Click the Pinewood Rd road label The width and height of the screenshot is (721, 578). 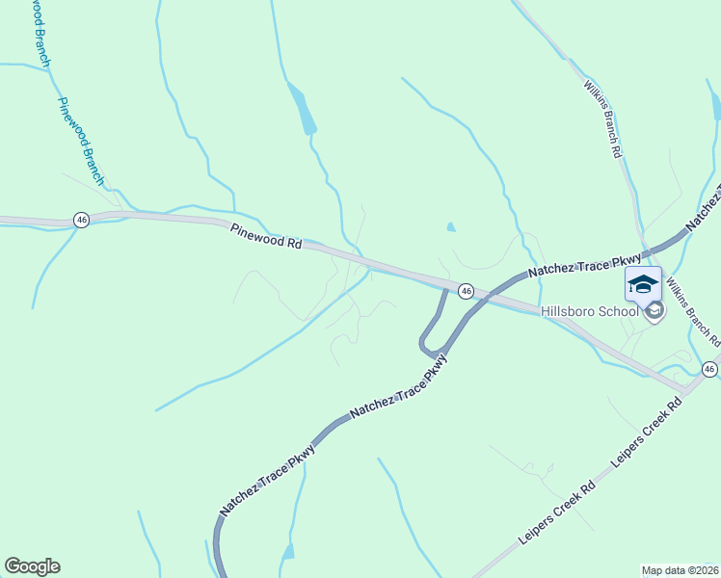(x=265, y=237)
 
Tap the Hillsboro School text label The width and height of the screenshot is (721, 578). (x=589, y=310)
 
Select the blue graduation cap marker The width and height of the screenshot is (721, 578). (x=643, y=283)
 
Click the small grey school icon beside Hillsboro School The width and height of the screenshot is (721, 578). (x=655, y=310)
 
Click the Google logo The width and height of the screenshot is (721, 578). (x=32, y=566)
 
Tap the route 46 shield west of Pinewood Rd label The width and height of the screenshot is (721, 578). (x=81, y=220)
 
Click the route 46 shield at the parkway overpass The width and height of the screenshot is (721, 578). (x=466, y=290)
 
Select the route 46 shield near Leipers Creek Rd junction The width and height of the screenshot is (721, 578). (x=709, y=369)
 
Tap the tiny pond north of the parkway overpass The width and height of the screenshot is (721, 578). (x=451, y=227)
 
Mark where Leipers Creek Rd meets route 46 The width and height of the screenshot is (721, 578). (x=686, y=389)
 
